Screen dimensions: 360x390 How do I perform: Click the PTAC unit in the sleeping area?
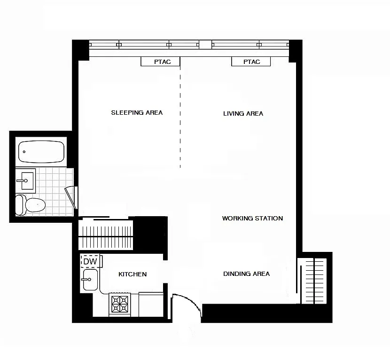[x=160, y=62]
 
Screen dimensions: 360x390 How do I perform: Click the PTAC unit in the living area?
[x=251, y=62]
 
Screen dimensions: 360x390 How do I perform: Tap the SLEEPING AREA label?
[x=137, y=113]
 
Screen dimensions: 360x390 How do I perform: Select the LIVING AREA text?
[x=243, y=113]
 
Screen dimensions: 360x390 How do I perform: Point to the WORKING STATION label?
[x=252, y=219]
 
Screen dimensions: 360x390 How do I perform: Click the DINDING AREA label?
[x=246, y=274]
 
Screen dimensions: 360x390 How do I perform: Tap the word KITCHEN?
[x=133, y=274]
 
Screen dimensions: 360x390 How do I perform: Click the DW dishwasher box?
[x=90, y=261]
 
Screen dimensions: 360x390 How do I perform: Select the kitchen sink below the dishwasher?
[x=89, y=280]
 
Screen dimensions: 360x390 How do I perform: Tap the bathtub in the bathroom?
[x=41, y=152]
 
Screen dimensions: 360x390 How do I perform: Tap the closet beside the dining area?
[x=314, y=280]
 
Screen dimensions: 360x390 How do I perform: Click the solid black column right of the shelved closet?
[x=150, y=235]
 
